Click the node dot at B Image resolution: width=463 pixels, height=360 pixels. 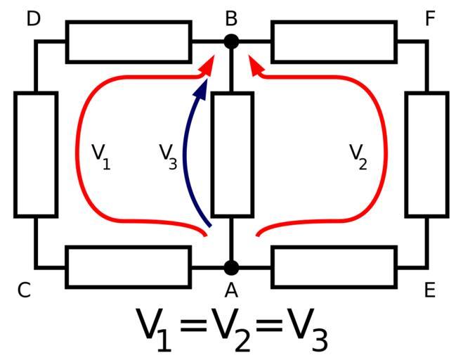[231, 41]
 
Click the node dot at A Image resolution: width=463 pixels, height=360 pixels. [231, 267]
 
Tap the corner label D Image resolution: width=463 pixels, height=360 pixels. [34, 18]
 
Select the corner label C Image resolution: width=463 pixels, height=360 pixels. [24, 290]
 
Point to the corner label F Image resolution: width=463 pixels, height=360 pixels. [431, 18]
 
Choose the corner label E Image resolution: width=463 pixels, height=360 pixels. [430, 290]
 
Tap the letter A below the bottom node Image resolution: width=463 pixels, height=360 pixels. [231, 290]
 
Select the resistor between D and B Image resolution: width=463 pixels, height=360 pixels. [129, 41]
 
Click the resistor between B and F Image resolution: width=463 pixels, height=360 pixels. [334, 41]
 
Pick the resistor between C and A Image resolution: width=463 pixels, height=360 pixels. [129, 267]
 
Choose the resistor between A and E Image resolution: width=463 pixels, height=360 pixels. [334, 267]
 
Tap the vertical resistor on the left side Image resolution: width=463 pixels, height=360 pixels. [35, 154]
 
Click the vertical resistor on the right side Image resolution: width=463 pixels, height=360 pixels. [426, 154]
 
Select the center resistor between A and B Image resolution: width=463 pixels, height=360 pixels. [232, 154]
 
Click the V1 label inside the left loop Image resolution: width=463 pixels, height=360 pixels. [101, 155]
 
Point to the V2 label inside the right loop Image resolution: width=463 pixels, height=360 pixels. [358, 155]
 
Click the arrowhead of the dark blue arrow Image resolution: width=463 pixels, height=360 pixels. [202, 86]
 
